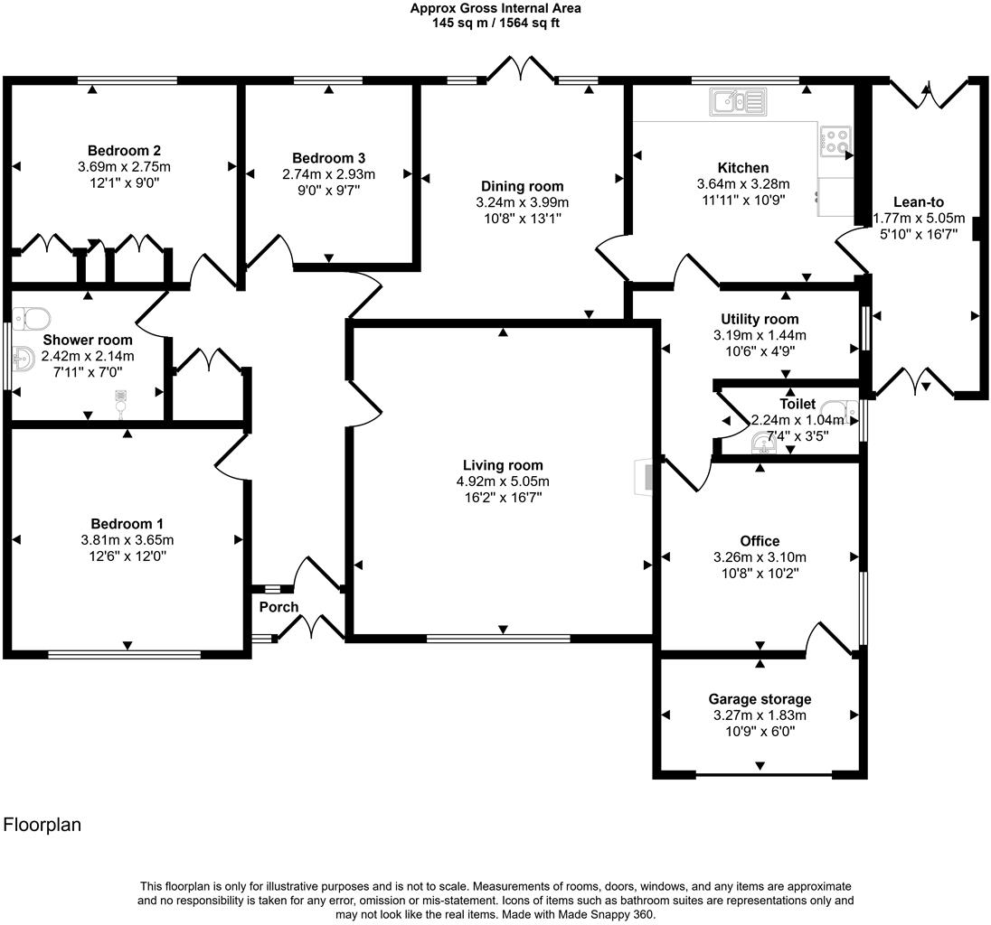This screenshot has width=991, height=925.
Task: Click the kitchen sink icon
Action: [x=738, y=102]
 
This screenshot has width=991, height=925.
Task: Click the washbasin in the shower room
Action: [x=23, y=362]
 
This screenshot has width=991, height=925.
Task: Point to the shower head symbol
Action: [x=121, y=398]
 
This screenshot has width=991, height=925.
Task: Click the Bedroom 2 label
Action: [x=125, y=150]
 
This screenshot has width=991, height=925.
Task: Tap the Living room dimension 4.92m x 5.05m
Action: [x=503, y=481]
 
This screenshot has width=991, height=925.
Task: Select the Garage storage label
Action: [x=760, y=699]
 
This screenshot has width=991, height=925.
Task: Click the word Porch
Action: [x=278, y=607]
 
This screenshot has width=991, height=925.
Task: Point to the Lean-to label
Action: [x=919, y=202]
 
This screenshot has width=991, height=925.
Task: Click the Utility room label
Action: [x=760, y=319]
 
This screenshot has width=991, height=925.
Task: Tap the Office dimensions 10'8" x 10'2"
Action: [x=760, y=573]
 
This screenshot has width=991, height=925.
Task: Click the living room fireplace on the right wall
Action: [x=646, y=478]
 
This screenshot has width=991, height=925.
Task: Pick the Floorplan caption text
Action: [x=42, y=825]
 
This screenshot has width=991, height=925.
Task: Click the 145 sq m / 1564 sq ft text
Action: [x=495, y=23]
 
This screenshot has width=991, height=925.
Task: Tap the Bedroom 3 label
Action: [x=328, y=158]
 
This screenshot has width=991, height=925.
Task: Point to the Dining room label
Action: [x=523, y=186]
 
